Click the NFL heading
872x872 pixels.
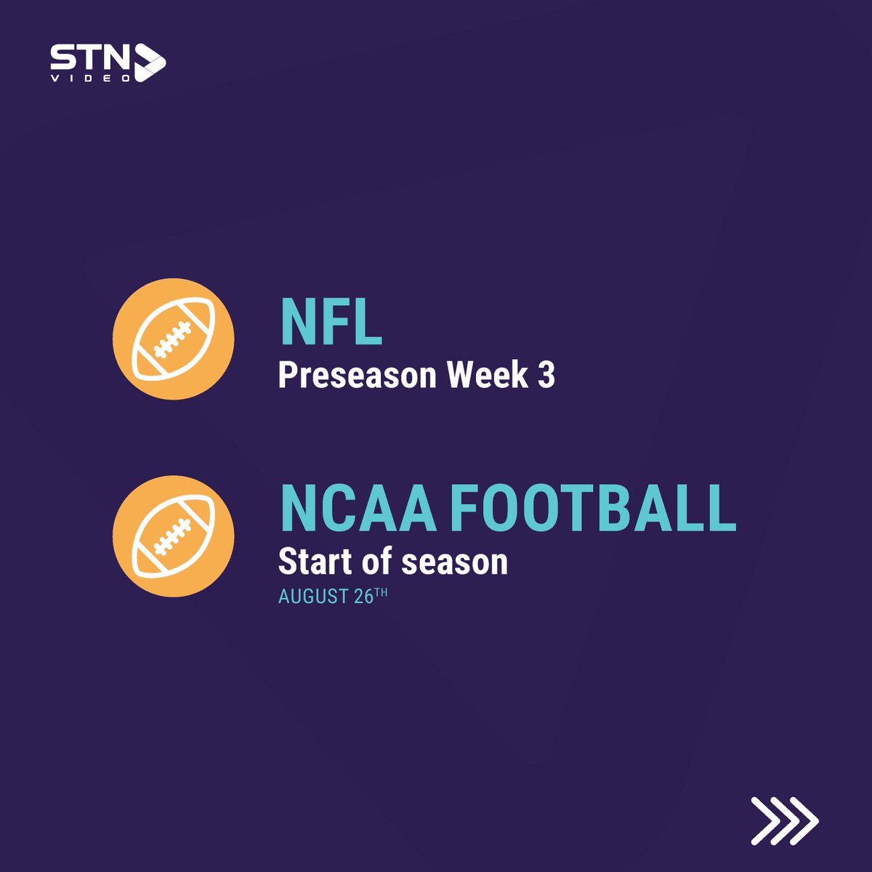click(x=331, y=325)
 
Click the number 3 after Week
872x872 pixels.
click(x=546, y=376)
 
